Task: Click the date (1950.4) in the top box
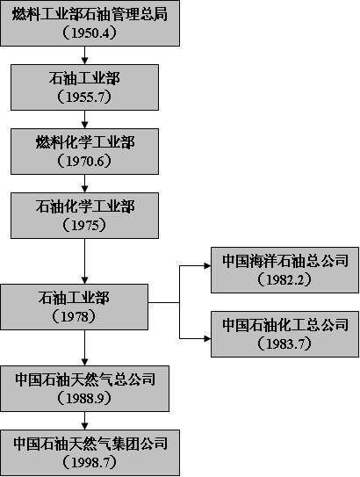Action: coord(90,33)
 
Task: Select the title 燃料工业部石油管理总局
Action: coord(90,14)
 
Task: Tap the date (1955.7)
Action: coord(84,97)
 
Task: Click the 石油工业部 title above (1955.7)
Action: coord(84,78)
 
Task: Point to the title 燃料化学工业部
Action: coord(85,142)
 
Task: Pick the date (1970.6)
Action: coord(84,162)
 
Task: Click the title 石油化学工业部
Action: coord(85,206)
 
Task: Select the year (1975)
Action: coord(84,225)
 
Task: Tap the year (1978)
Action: coord(74,316)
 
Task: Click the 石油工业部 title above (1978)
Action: coord(74,298)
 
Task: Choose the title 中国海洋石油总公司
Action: coord(285,261)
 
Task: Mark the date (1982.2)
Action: coord(284,280)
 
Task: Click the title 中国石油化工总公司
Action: coord(285,325)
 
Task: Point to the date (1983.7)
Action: coord(284,343)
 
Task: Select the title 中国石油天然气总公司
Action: coord(85,379)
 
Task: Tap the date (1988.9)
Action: coord(84,399)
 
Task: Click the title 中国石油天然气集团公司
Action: coord(90,444)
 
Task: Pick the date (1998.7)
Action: coord(90,463)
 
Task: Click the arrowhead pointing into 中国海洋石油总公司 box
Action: coord(208,266)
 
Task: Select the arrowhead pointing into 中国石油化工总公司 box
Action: coord(208,338)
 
